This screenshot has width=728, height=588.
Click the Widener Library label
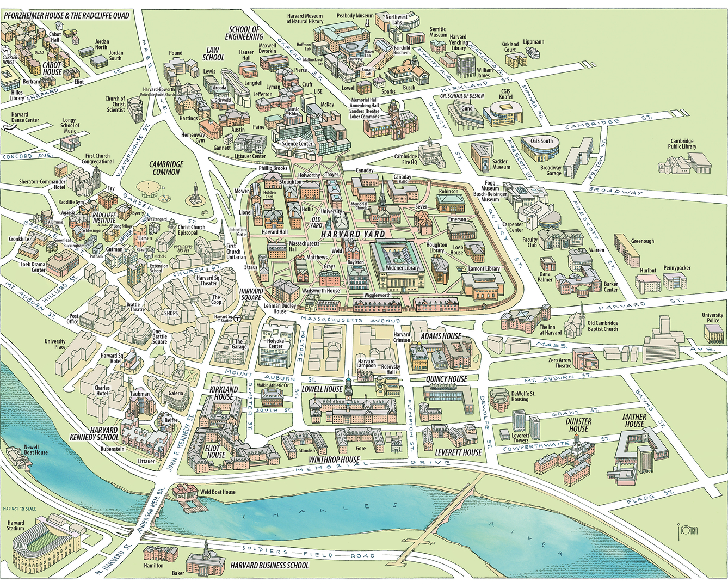click(402, 267)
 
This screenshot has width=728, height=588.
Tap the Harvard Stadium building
click(46, 545)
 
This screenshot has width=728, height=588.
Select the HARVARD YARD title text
click(353, 234)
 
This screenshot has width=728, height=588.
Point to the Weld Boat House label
click(218, 492)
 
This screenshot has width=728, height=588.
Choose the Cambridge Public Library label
click(682, 144)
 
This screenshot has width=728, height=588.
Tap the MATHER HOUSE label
click(634, 420)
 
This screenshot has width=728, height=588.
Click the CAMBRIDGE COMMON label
click(166, 168)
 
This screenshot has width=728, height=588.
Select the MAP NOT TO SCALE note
click(20, 509)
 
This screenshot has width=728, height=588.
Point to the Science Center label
click(298, 144)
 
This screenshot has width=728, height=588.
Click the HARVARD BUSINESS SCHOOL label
click(269, 565)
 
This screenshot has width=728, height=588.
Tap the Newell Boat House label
click(35, 449)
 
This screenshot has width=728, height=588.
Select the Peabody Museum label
click(355, 16)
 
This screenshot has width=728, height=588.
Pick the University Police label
click(712, 317)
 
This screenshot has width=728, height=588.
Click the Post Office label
click(74, 318)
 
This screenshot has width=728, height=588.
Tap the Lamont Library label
click(484, 268)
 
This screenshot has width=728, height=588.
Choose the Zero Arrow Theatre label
click(560, 363)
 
